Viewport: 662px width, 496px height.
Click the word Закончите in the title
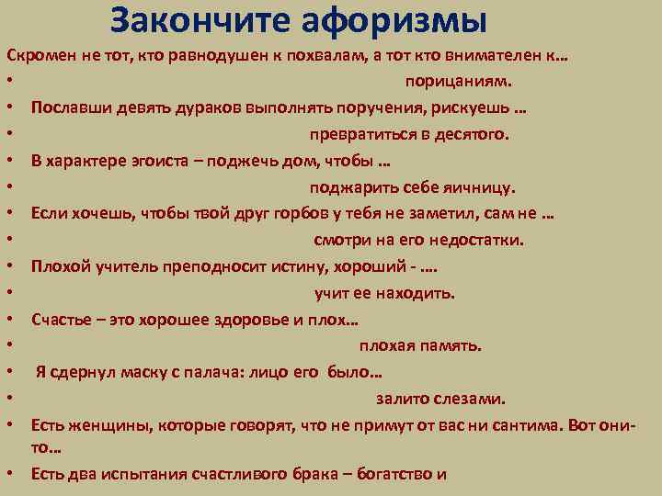tap(195, 19)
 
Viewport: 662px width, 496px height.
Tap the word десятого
tap(471, 136)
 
